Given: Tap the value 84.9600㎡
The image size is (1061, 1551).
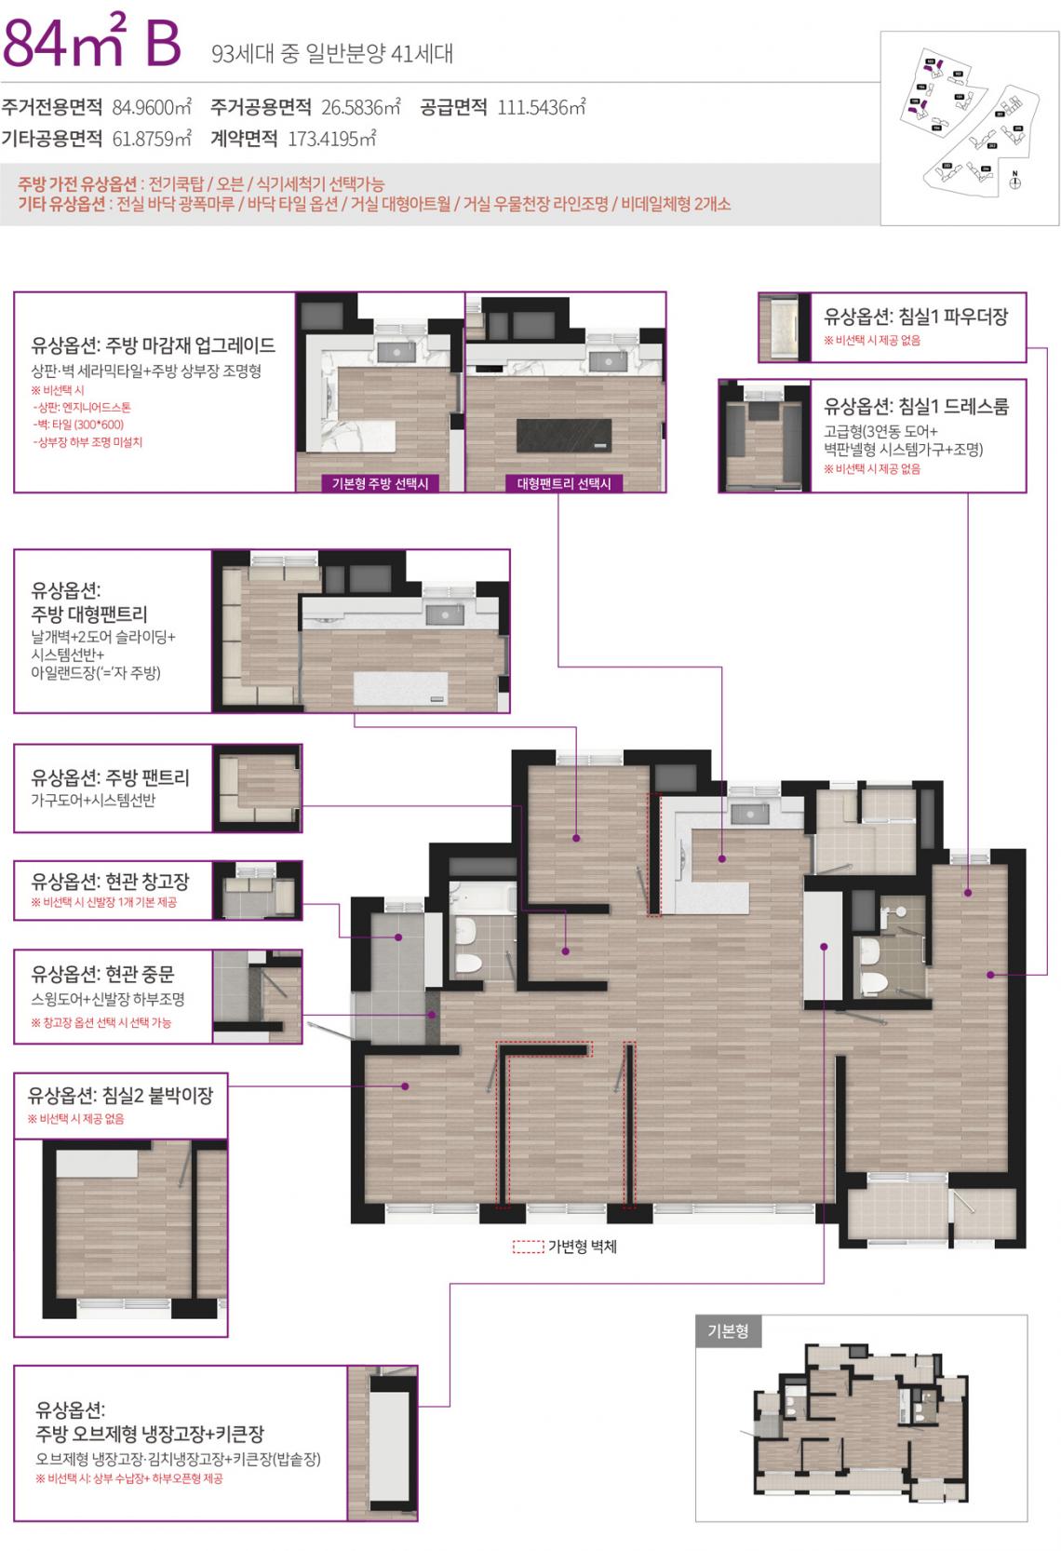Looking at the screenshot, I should point(152,107).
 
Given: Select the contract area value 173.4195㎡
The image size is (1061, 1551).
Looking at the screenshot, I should point(331,140).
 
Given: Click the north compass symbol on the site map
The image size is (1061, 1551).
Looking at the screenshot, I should point(1015,181).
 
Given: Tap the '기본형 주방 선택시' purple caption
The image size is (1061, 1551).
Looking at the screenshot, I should point(380,484).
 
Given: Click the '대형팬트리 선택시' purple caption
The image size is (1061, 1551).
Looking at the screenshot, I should point(564,484).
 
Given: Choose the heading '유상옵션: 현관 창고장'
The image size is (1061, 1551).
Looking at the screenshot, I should point(110,881).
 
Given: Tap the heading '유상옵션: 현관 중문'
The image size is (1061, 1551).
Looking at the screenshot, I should point(102,975).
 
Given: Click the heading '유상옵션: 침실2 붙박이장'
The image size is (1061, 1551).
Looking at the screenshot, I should point(120,1096).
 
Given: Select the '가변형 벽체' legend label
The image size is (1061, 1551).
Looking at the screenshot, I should point(582,1247).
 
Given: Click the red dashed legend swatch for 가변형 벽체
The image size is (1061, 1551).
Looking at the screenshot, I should point(528,1247).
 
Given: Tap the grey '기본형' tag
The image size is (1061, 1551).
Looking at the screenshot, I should point(728,1331).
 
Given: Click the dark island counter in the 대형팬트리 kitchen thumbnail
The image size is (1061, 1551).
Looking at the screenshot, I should point(564,435).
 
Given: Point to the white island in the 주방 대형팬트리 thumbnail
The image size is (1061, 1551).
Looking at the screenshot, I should point(400,689).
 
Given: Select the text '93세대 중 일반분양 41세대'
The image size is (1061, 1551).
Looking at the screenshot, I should point(332,54).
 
